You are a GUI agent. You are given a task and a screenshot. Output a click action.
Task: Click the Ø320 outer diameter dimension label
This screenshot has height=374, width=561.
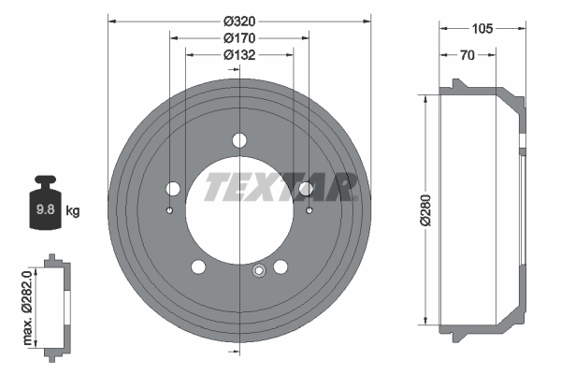point(239,21)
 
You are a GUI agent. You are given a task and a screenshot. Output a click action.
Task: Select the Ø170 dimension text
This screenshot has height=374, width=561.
point(239,38)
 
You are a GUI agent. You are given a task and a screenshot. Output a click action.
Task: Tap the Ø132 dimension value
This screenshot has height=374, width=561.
point(239,55)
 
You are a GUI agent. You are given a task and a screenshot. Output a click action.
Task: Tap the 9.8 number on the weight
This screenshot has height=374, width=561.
point(44,210)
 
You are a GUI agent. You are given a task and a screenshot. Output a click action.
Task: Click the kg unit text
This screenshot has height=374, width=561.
point(72,210)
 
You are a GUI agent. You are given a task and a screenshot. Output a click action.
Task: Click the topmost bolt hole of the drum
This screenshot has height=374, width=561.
point(239,140)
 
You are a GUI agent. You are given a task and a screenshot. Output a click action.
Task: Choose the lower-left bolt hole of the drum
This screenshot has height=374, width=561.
point(198,267)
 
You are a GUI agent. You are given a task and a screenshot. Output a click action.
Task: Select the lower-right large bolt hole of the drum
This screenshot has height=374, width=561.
point(280,267)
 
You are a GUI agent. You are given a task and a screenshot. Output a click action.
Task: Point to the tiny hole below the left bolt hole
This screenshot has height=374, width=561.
point(170,210)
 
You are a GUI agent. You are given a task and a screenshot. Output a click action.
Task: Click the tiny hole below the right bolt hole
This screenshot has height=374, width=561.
point(309,210)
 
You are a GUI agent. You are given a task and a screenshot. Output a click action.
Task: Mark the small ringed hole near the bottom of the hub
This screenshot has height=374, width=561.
point(259,272)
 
